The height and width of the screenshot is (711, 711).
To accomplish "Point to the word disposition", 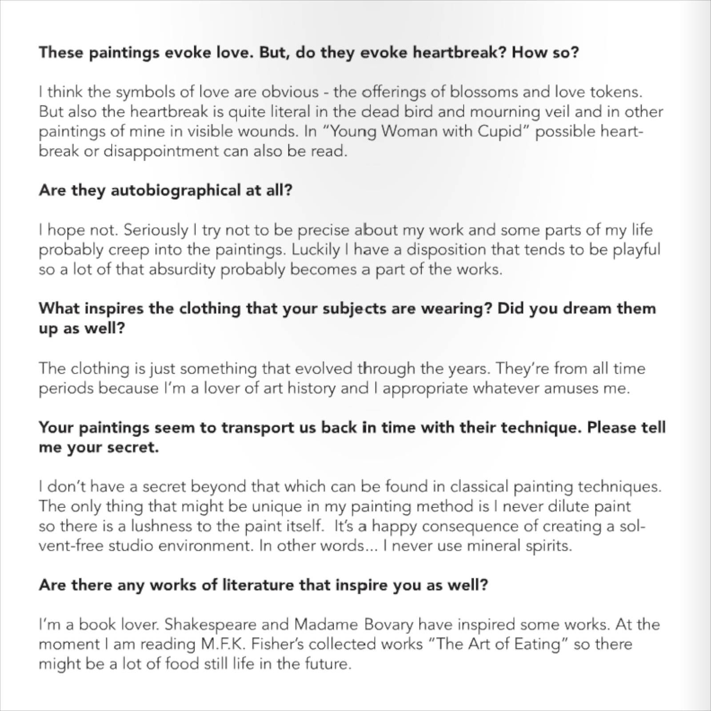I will point(447,250).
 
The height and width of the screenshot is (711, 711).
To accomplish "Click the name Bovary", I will point(389,624).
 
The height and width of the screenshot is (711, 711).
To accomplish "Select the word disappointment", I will point(161,151).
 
